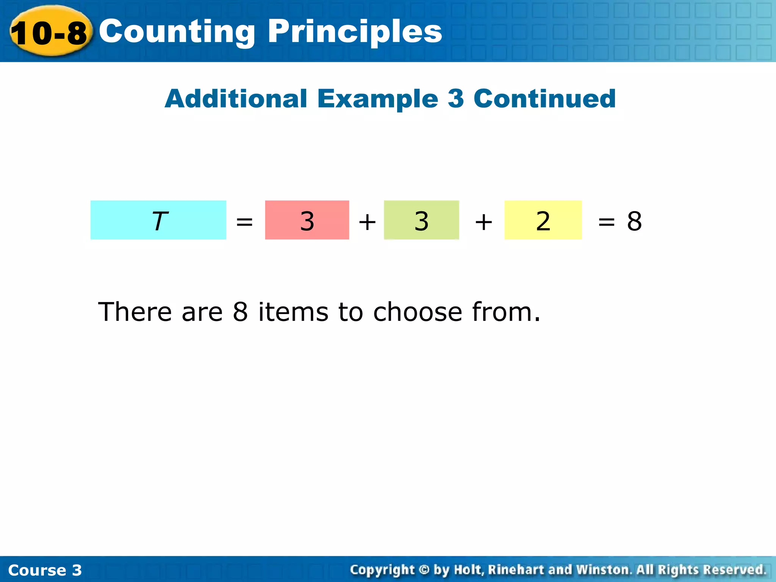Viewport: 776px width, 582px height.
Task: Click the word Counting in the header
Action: (x=177, y=32)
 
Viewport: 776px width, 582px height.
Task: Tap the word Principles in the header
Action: (x=355, y=32)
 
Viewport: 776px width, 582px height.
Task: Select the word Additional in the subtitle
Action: (x=236, y=99)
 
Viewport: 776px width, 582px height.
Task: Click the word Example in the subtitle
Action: (x=377, y=99)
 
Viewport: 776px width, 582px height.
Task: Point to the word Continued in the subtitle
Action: (x=544, y=99)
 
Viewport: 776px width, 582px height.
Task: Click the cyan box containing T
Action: (x=158, y=220)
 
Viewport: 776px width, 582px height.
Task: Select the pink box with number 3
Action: (x=307, y=220)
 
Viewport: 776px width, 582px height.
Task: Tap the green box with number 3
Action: (x=421, y=220)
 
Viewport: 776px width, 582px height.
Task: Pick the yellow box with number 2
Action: (x=543, y=220)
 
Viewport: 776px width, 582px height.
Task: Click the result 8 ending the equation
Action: (x=634, y=221)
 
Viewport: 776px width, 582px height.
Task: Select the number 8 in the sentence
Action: (x=240, y=312)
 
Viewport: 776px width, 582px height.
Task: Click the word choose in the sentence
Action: (x=418, y=312)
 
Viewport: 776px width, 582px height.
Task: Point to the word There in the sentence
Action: (x=135, y=312)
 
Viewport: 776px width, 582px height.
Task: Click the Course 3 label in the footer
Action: (x=45, y=570)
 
